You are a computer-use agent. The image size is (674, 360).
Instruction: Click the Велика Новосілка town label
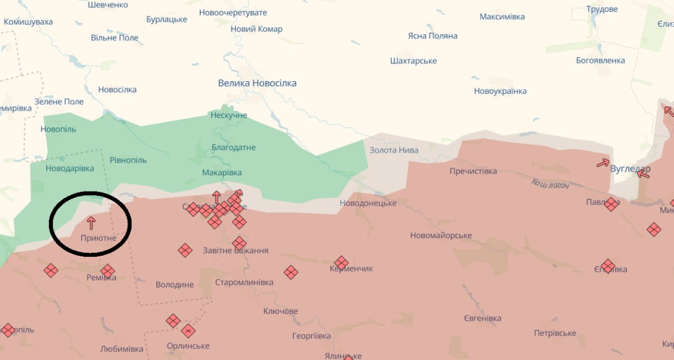point(257,83)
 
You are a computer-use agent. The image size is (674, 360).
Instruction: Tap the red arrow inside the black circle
point(91,223)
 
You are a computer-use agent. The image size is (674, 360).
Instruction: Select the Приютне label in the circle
point(98,238)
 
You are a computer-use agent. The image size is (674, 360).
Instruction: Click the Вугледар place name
point(630,169)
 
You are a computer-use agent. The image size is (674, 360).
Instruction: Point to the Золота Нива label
point(394,150)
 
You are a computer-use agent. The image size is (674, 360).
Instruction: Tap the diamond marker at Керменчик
point(341,262)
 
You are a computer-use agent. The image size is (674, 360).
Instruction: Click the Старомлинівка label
point(244,282)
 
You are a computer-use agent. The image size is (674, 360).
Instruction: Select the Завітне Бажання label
point(235,251)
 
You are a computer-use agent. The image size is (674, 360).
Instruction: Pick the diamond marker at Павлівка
point(611,204)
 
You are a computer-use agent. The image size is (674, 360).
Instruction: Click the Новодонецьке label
point(368,203)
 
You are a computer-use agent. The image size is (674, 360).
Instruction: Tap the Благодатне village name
point(233,147)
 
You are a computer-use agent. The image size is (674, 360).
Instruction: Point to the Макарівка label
point(222,173)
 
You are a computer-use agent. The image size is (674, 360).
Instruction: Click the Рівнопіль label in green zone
point(128,160)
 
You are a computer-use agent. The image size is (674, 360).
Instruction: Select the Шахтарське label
point(413,61)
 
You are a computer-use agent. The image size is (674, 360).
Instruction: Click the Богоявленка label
point(600,60)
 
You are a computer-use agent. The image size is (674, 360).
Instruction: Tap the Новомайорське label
point(441,235)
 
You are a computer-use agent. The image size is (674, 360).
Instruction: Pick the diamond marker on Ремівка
point(107,271)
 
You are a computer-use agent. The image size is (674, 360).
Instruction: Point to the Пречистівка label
point(473,171)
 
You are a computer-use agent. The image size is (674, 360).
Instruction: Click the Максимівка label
point(502,17)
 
